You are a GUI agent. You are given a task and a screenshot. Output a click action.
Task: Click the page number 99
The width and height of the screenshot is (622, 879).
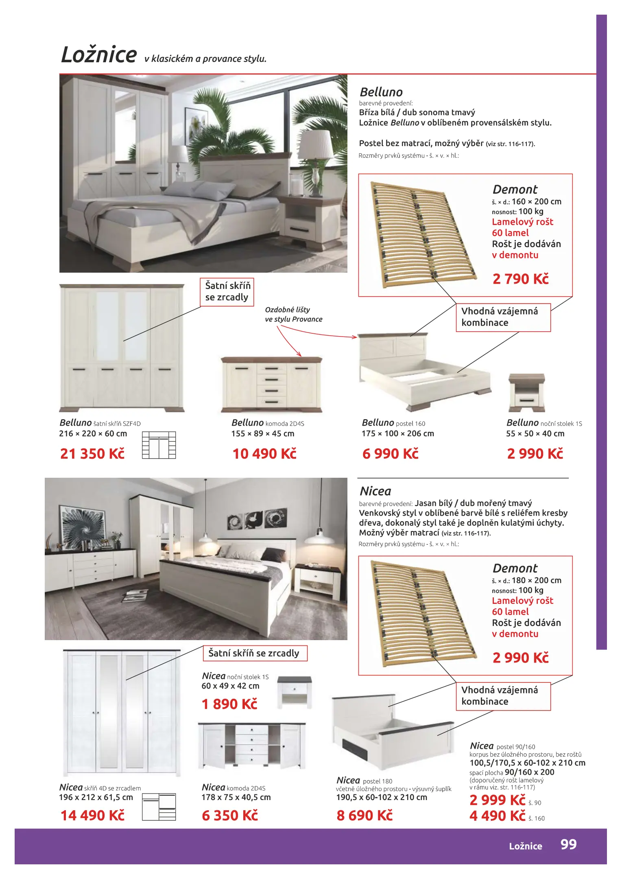coord(568,844)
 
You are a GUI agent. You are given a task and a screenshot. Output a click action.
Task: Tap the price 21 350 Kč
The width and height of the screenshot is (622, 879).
coord(92,454)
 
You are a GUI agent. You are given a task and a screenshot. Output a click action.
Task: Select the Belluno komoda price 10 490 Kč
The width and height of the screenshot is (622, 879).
coord(264,454)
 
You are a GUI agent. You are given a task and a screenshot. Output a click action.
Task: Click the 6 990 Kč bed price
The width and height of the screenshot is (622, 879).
coord(391,454)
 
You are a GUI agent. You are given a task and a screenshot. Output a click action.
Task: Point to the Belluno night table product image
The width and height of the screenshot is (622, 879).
coord(526,392)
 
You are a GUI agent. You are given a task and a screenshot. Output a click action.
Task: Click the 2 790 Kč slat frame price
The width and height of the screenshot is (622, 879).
coord(520,279)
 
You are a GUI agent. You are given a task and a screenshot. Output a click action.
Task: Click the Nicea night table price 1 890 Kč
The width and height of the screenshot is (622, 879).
coord(229,704)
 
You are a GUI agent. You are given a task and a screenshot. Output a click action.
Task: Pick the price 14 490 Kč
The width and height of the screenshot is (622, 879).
coord(92,816)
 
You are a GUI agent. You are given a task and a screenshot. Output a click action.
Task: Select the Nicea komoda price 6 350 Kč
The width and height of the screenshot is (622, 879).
coord(230,816)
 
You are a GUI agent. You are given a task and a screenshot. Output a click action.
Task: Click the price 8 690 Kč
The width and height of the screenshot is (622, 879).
coord(364,816)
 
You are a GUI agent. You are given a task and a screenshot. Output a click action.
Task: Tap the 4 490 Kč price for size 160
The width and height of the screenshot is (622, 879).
coord(497,816)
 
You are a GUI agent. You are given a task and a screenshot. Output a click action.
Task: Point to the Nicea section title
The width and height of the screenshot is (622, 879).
coord(375,491)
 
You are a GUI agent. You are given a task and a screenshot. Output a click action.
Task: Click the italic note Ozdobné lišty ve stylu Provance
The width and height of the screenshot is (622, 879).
coord(293,315)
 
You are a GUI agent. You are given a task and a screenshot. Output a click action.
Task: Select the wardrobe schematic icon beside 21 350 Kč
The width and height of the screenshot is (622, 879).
coord(159,445)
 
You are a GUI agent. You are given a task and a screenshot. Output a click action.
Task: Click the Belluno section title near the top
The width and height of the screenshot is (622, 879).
coord(381,92)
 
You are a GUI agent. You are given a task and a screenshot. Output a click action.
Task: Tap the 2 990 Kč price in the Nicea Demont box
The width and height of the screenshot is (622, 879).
coord(520,658)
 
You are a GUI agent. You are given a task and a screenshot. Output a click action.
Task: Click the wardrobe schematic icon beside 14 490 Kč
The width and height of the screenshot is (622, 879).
coord(159,807)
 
